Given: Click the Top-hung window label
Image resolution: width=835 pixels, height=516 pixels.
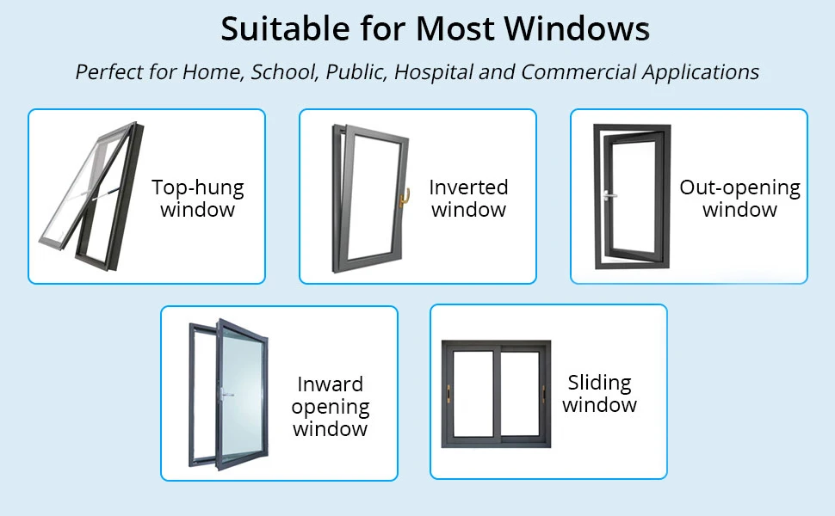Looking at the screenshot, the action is pos(197,198).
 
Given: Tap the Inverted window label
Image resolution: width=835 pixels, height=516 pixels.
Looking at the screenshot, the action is pos(468,198).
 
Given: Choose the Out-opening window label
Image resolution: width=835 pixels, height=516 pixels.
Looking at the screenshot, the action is pos(739,198).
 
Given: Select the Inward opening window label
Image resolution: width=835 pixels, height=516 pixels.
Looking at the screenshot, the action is pos(331,406).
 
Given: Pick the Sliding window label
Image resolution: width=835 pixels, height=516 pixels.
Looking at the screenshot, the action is pos(600,394).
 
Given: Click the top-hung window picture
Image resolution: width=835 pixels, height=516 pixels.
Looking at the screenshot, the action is pos(90,195).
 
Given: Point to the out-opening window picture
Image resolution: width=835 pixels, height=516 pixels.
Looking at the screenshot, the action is pos(631,196).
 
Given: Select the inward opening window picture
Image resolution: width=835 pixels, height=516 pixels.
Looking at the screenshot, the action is pos(226,394).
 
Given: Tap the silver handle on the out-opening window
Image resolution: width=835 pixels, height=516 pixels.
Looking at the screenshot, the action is pos(610,195).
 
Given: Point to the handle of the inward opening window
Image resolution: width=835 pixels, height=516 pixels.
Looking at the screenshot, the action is pos(226,395).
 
